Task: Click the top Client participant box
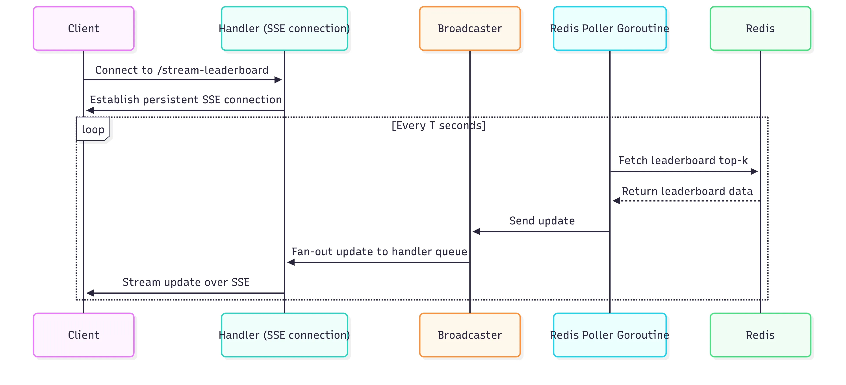[83, 29]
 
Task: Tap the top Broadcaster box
[470, 29]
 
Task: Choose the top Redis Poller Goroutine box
[610, 29]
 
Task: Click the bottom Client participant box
[83, 335]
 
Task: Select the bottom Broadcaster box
[470, 335]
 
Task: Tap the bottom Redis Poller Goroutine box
[610, 335]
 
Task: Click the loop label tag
[93, 129]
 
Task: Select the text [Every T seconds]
[438, 125]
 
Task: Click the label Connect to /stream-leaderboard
[182, 70]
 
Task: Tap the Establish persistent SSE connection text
[186, 100]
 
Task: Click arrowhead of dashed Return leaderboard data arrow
[616, 201]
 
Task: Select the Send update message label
[542, 220]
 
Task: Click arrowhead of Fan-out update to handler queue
[291, 262]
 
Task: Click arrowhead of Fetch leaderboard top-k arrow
[754, 171]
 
